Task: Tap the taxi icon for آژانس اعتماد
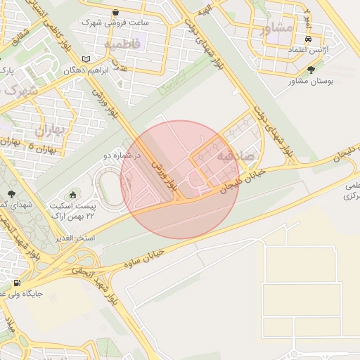tap(309, 39)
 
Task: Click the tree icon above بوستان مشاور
tap(311, 70)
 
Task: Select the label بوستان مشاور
tap(310, 82)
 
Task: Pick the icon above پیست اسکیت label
tap(73, 194)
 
